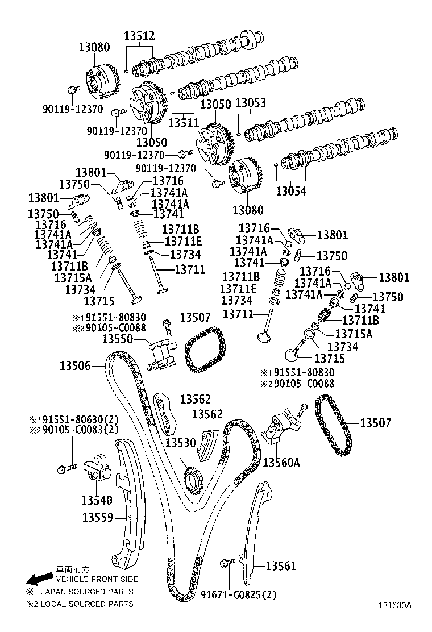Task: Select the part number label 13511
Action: tap(184, 122)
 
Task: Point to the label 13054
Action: tap(291, 192)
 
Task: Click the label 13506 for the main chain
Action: tap(75, 366)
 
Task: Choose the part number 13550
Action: tap(117, 339)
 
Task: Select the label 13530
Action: tap(181, 442)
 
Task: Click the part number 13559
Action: tap(98, 517)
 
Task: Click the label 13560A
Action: tap(281, 463)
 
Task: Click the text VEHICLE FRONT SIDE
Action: tap(97, 579)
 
